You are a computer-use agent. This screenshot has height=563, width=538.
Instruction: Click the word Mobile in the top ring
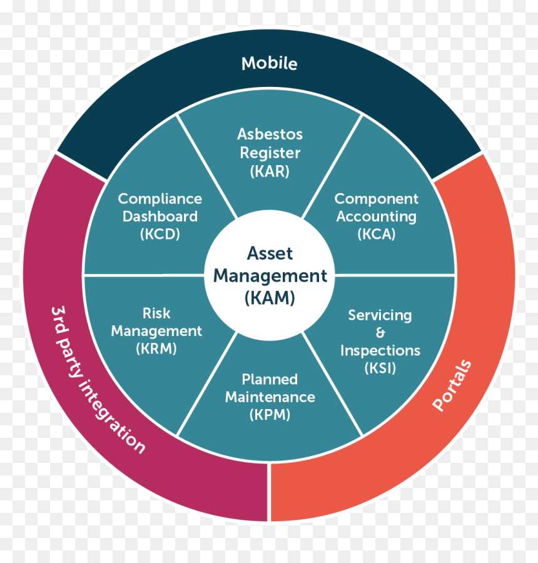click(270, 63)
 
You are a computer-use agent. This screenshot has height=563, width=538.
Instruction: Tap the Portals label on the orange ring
click(452, 385)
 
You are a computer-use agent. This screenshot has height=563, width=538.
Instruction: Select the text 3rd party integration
click(98, 380)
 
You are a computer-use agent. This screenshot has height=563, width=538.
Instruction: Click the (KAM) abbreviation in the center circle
click(270, 298)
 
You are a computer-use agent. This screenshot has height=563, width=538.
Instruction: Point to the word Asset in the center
click(270, 253)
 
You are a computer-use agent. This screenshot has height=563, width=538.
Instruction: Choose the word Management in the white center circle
click(270, 276)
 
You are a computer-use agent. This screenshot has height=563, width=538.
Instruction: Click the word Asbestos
click(270, 134)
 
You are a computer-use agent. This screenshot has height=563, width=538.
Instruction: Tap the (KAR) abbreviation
click(270, 171)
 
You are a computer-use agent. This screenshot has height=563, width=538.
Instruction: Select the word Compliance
click(160, 199)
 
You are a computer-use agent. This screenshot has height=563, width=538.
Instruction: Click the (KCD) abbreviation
click(160, 234)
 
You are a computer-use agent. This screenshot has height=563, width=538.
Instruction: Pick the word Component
click(377, 199)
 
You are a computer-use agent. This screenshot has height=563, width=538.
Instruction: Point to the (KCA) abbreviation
click(377, 234)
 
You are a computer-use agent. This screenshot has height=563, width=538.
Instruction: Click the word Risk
click(156, 313)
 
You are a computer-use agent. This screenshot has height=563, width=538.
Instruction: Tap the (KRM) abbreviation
click(156, 348)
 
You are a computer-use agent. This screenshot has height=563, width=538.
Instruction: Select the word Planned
click(270, 380)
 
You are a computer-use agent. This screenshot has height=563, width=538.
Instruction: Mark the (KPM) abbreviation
click(270, 415)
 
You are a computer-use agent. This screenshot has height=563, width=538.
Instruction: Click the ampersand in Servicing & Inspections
click(380, 333)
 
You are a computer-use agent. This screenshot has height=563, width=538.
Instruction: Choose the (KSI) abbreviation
click(380, 368)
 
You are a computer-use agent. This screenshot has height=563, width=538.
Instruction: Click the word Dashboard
click(160, 216)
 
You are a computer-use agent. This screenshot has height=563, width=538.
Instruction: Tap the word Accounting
click(377, 216)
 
